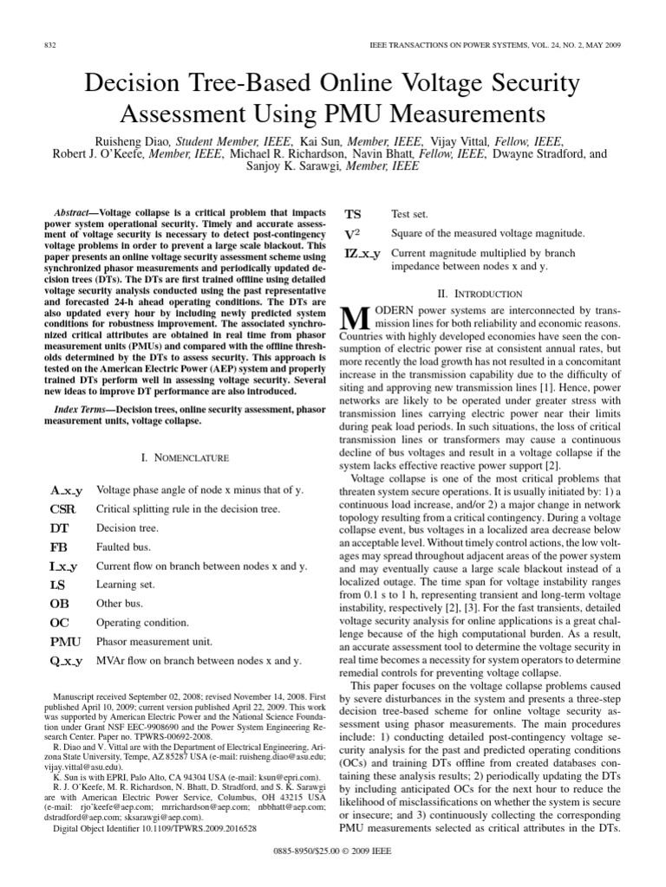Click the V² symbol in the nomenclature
click(x=353, y=234)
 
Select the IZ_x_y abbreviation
click(x=362, y=255)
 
